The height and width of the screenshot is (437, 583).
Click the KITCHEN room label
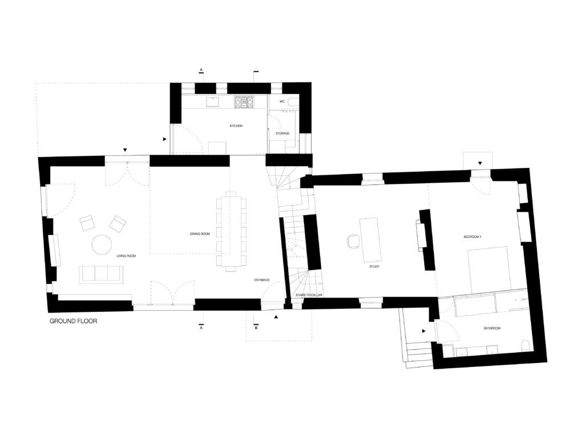pyautogui.click(x=236, y=126)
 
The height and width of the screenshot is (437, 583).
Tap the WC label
pyautogui.click(x=282, y=101)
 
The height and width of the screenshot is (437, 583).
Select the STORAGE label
pyautogui.click(x=282, y=133)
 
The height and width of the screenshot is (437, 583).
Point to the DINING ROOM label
pyautogui.click(x=200, y=234)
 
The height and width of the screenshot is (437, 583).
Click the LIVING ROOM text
pyautogui.click(x=126, y=256)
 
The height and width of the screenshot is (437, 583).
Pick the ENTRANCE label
pyautogui.click(x=262, y=280)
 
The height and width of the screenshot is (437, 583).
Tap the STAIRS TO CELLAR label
pyautogui.click(x=309, y=295)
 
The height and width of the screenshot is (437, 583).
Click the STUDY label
pyautogui.click(x=374, y=267)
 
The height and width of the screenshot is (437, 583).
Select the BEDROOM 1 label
pyautogui.click(x=473, y=237)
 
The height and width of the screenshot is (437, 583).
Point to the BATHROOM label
pyautogui.click(x=492, y=328)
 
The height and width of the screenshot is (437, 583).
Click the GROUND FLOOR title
pyautogui.click(x=73, y=321)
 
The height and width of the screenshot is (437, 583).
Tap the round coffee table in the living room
pyautogui.click(x=102, y=245)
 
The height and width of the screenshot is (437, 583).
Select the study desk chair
pyautogui.click(x=353, y=241)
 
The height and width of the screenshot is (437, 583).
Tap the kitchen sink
pyautogui.click(x=213, y=101)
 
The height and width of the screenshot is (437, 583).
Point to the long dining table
pyautogui.click(x=231, y=230)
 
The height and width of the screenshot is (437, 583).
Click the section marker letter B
pyautogui.click(x=256, y=328)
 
